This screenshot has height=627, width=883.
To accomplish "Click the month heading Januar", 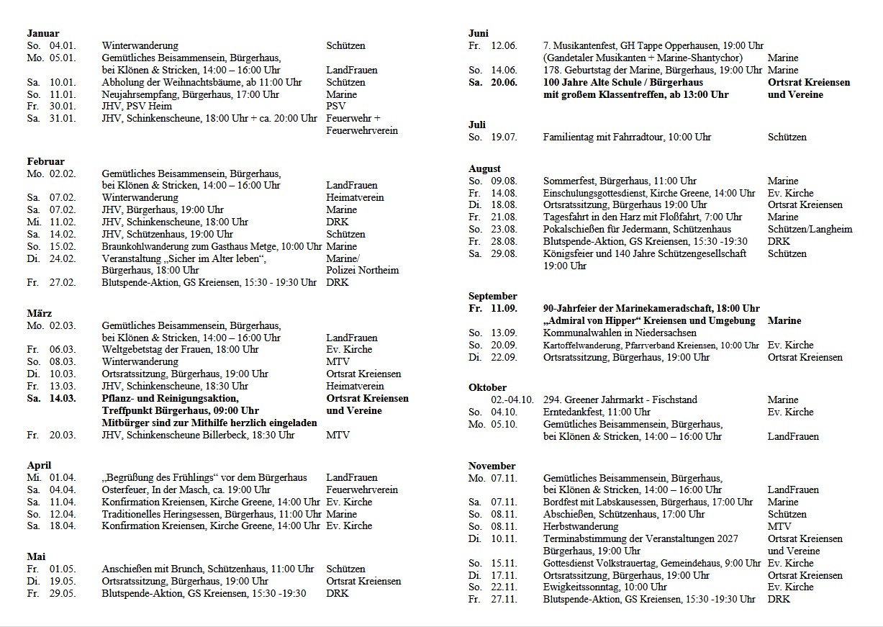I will click(43, 33).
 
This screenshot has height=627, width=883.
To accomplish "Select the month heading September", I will click(492, 296).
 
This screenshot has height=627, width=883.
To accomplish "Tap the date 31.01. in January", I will click(63, 119).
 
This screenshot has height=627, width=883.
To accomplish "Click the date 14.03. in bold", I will click(63, 398).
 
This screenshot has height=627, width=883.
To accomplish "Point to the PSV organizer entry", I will click(335, 107).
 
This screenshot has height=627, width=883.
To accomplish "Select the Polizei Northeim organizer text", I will click(362, 270).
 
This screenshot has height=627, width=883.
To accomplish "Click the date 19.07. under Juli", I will click(504, 137).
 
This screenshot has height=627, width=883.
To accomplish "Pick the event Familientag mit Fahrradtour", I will click(627, 137).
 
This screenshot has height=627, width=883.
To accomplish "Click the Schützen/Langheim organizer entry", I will click(810, 229).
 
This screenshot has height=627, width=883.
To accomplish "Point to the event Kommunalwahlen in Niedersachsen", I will click(620, 333).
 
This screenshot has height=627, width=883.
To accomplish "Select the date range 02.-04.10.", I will click(512, 400).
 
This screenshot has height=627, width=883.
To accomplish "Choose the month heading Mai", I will click(36, 556).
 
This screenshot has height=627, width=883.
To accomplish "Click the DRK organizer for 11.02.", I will click(337, 222).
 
